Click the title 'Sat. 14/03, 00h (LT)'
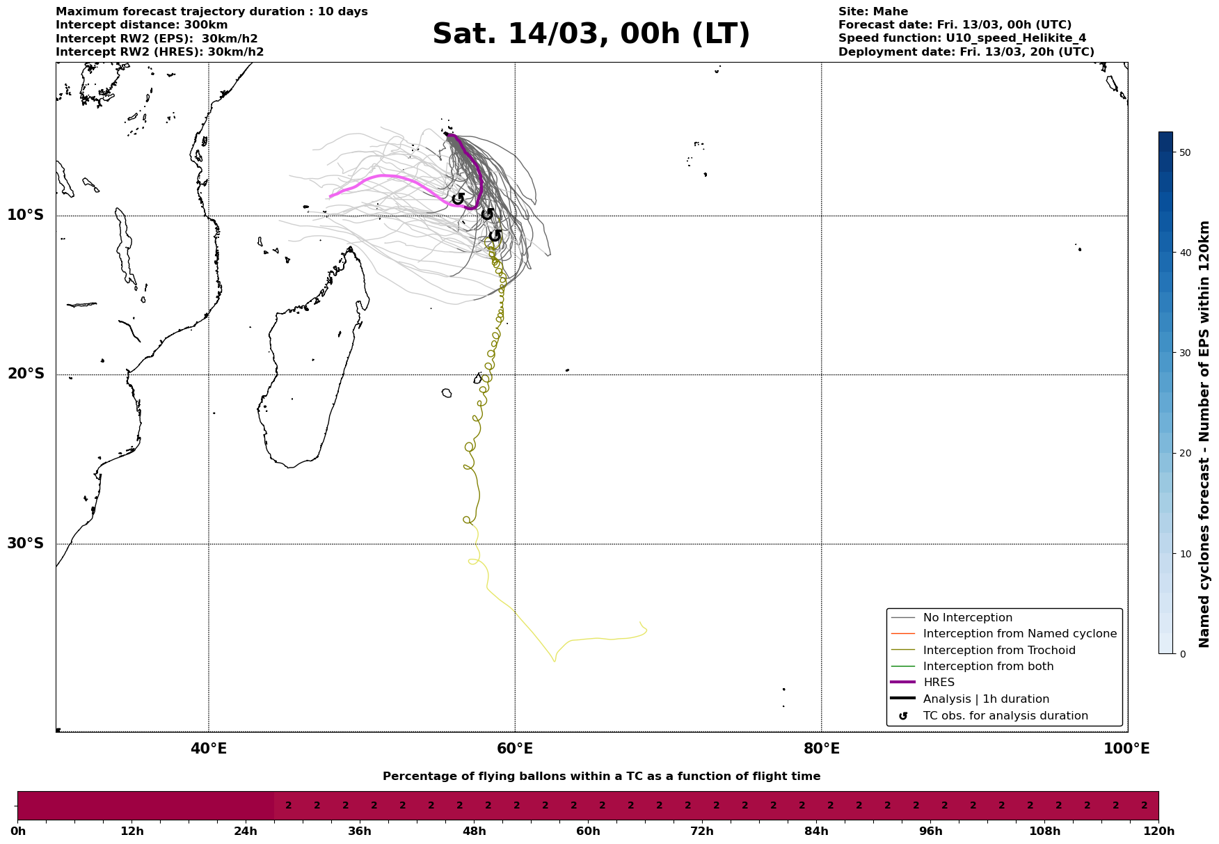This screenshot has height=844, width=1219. pyautogui.click(x=591, y=34)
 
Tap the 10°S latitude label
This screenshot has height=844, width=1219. pyautogui.click(x=26, y=215)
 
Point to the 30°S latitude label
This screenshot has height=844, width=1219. pyautogui.click(x=26, y=543)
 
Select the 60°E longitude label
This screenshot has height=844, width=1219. pyautogui.click(x=515, y=749)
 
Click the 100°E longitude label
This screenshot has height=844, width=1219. pyautogui.click(x=1126, y=749)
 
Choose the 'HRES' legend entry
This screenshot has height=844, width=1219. pyautogui.click(x=939, y=683)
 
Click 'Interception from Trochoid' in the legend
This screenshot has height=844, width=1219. pyautogui.click(x=999, y=651)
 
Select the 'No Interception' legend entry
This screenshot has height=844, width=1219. pyautogui.click(x=967, y=618)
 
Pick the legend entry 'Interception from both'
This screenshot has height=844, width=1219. pyautogui.click(x=988, y=667)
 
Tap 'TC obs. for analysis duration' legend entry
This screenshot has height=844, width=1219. pyautogui.click(x=1005, y=716)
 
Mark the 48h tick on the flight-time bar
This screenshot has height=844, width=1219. pyautogui.click(x=475, y=831)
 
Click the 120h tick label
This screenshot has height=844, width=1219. pyautogui.click(x=1158, y=831)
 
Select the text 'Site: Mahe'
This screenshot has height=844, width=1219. pyautogui.click(x=873, y=12)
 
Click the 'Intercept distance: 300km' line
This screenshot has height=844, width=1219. pyautogui.click(x=142, y=25)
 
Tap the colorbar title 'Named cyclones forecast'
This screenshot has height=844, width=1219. pyautogui.click(x=1204, y=434)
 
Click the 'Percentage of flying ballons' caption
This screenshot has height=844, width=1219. pyautogui.click(x=601, y=777)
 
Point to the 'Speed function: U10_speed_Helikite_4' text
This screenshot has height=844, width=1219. pyautogui.click(x=962, y=38)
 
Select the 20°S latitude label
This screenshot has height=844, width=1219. pyautogui.click(x=26, y=374)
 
